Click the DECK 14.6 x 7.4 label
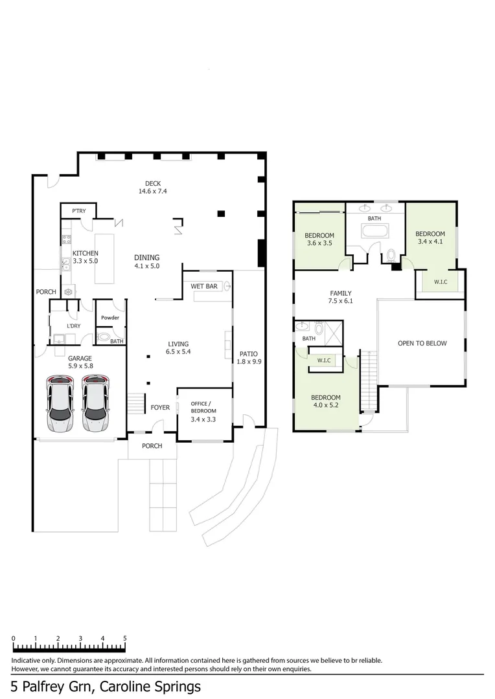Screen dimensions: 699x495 (x=153, y=187)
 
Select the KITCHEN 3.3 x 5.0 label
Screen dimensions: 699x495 (x=86, y=257)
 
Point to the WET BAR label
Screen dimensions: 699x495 (x=204, y=286)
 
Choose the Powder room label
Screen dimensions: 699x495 (x=109, y=318)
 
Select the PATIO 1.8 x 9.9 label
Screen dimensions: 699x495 (x=248, y=358)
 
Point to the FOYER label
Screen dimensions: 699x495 (x=160, y=408)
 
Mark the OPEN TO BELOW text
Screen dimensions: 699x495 (x=422, y=343)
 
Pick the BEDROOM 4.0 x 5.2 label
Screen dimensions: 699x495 (x=326, y=402)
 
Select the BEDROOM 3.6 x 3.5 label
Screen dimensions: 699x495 (x=320, y=239)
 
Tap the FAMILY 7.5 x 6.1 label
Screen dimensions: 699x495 (x=340, y=297)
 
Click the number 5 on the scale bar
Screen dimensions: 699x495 (x=124, y=638)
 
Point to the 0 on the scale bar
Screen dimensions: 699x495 (x=14, y=638)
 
